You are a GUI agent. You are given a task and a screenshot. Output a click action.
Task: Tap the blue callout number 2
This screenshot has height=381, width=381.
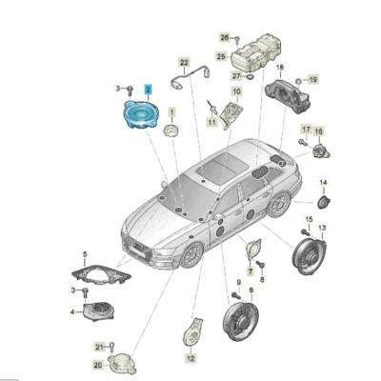point(149,90)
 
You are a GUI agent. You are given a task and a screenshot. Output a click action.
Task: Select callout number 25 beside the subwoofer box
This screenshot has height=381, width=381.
point(221,57)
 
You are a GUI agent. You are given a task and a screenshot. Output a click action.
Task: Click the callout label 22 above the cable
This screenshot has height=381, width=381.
point(184,63)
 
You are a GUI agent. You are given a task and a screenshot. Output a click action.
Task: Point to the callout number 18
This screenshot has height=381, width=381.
point(280,68)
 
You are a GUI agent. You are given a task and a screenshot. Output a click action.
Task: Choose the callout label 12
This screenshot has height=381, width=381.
point(190,358)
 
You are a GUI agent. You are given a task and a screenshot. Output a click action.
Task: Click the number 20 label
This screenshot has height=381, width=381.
point(98,366)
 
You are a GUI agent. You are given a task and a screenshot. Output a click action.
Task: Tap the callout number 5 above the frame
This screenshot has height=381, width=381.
point(85,254)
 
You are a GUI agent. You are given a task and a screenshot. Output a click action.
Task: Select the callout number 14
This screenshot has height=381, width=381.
point(323,183)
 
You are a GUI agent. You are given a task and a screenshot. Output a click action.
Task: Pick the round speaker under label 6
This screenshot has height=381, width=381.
point(240,321)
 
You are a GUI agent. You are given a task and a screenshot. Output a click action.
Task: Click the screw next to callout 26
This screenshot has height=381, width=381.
point(237,40)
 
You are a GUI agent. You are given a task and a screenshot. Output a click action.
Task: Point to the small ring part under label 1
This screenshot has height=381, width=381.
point(171,130)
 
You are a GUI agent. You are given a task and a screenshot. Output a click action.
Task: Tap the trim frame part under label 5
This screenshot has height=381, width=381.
point(101,273)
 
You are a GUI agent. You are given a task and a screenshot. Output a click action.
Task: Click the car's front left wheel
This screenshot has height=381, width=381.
point(191,255)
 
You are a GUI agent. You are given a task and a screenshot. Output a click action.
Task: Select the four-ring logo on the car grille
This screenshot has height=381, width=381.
point(138,245)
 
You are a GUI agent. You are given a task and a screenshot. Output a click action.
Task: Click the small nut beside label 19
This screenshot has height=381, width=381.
point(299,81)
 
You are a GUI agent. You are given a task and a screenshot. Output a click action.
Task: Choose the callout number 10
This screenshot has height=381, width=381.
point(236,92)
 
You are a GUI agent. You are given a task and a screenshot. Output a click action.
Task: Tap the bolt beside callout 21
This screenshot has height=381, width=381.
point(111,347)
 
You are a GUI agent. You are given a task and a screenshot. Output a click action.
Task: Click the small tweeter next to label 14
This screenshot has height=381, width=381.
point(324,202)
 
